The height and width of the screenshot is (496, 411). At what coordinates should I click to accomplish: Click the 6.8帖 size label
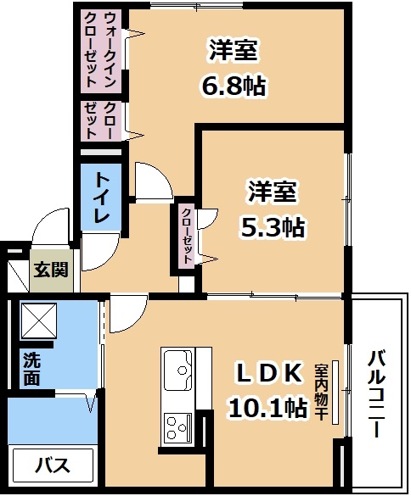pyautogui.click(x=234, y=86)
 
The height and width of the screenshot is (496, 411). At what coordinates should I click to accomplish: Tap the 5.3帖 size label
pyautogui.click(x=273, y=227)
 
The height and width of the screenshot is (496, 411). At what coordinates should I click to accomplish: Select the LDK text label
pyautogui.click(x=268, y=373)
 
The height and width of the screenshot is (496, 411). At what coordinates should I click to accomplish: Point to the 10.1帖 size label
pyautogui.click(x=267, y=407)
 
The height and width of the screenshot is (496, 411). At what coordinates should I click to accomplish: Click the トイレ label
pyautogui.click(x=101, y=198)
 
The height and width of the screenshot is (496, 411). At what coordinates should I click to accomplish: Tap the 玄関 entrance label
pyautogui.click(x=51, y=270)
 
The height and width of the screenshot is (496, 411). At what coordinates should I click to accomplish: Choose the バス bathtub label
pyautogui.click(x=53, y=465)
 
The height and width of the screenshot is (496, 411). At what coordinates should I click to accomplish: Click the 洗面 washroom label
pyautogui.click(x=31, y=369)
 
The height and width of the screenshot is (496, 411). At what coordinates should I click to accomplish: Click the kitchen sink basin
pyautogui.click(x=178, y=370)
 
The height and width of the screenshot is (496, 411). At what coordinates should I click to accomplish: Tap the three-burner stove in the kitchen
pyautogui.click(x=177, y=429)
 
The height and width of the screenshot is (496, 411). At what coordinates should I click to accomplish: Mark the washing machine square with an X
pyautogui.click(x=39, y=320)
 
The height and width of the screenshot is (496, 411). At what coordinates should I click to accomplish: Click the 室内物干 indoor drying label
pyautogui.click(x=321, y=392)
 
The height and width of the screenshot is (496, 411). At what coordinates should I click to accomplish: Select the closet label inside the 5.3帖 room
pyautogui.click(x=188, y=236)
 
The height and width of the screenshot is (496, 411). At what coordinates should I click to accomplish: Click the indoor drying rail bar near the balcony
pyautogui.click(x=335, y=392)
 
